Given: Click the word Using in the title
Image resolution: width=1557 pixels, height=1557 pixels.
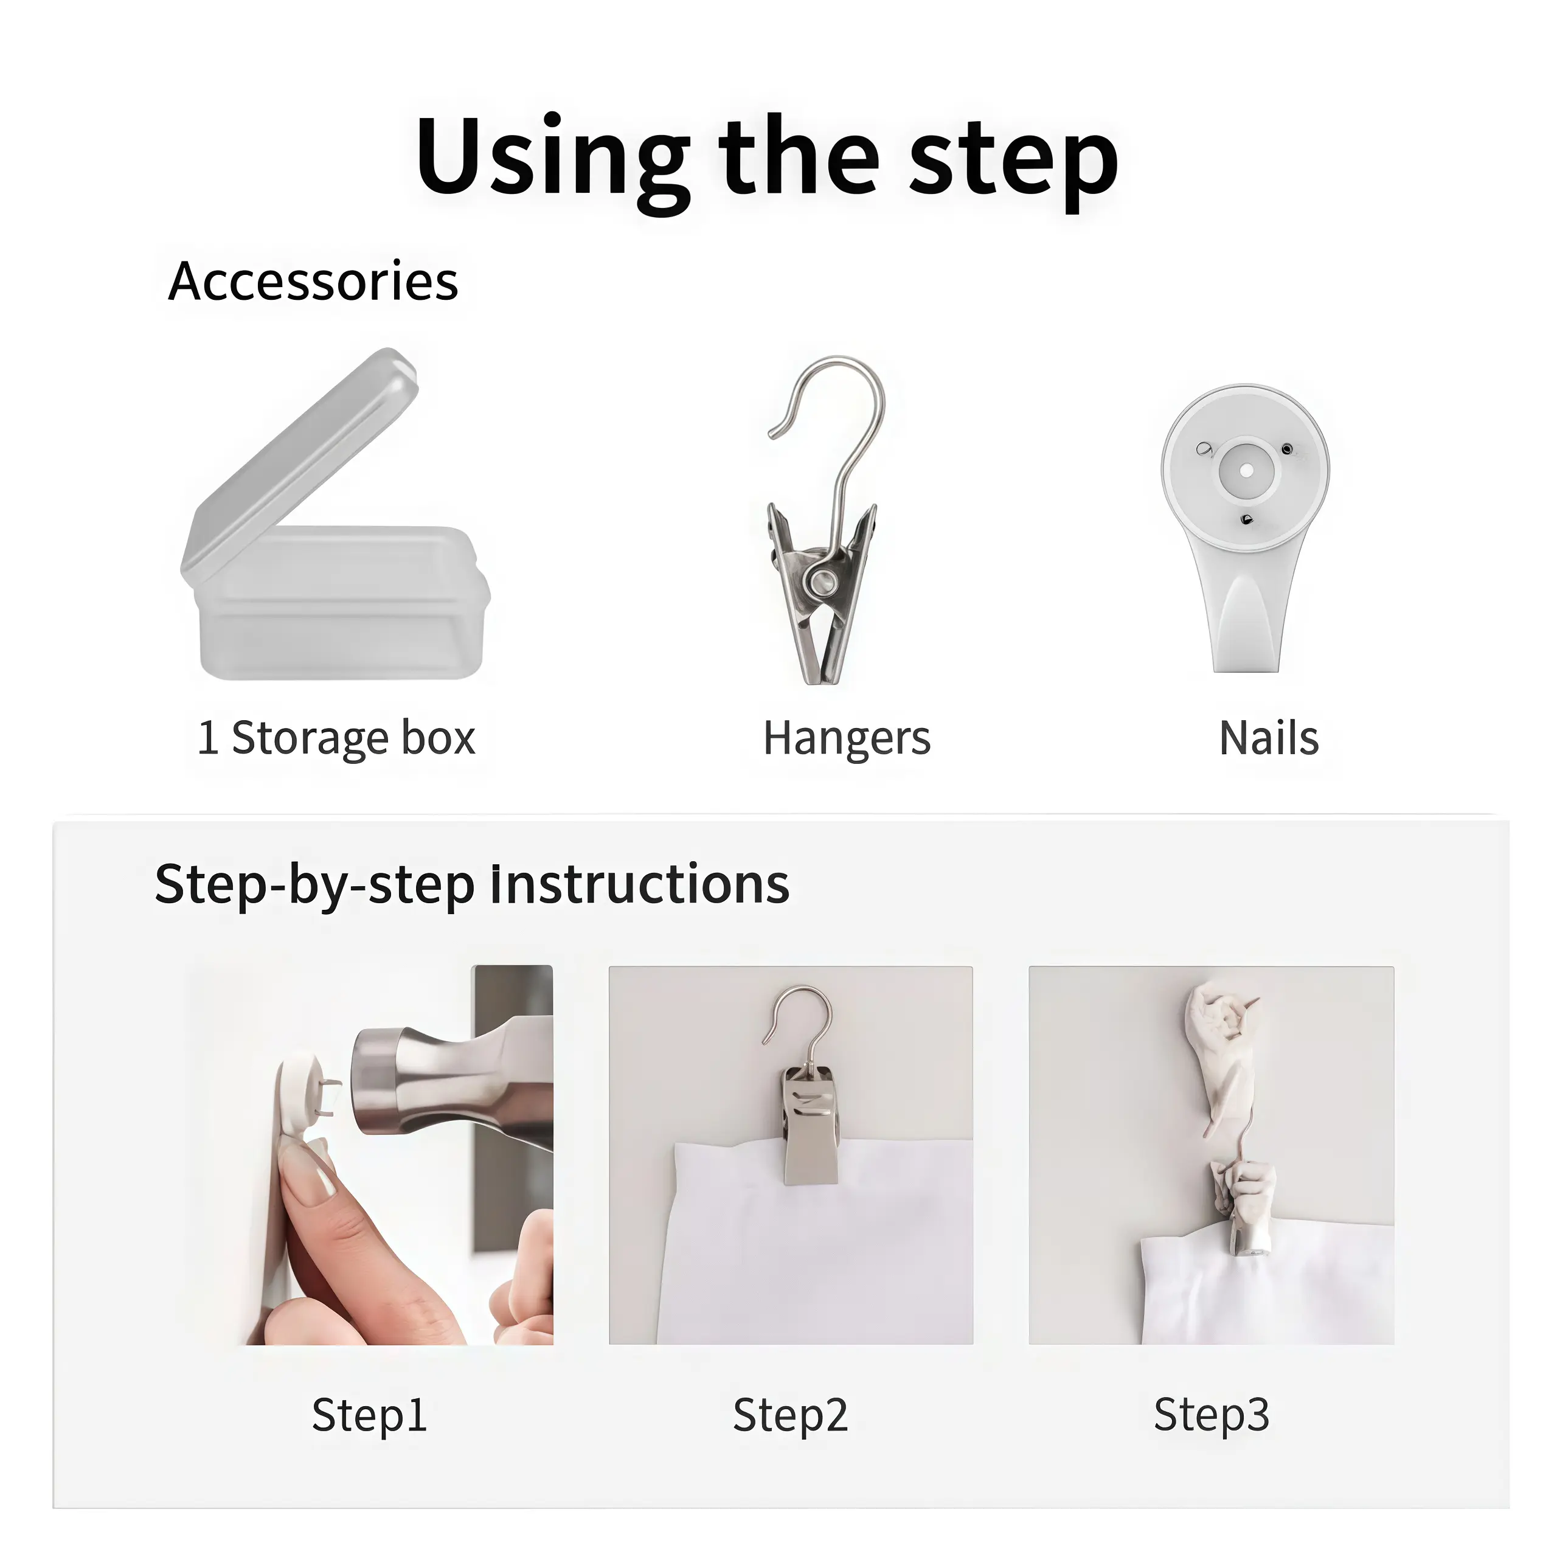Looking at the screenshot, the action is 552,161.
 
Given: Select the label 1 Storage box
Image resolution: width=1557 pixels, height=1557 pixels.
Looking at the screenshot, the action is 337,737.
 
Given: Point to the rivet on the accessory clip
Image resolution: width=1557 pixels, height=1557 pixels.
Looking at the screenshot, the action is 823,580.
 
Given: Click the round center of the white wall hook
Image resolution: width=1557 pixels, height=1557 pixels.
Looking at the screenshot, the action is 1246,470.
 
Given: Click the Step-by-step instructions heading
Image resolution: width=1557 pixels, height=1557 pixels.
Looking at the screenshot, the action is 472,884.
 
